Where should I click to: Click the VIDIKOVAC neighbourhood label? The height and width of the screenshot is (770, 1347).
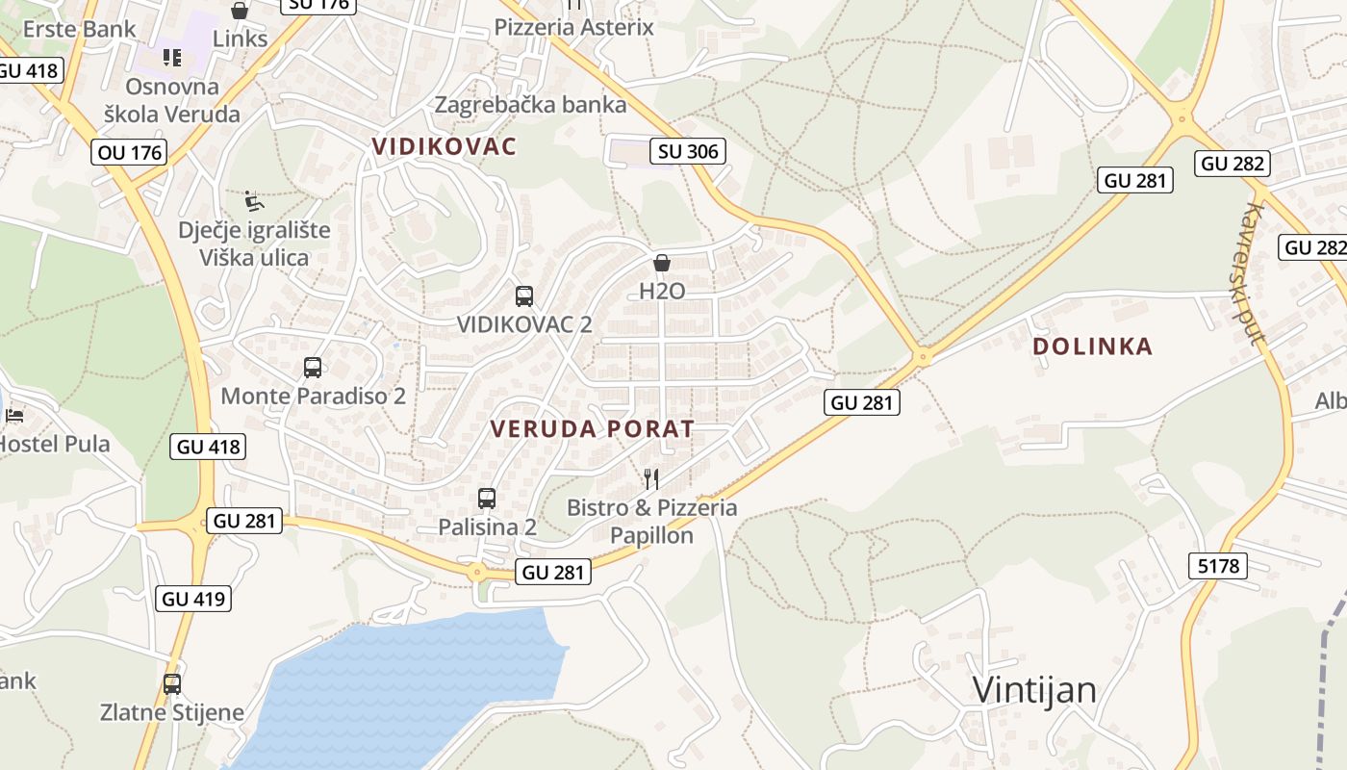point(445,146)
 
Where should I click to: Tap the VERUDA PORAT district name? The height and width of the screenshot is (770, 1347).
point(593,429)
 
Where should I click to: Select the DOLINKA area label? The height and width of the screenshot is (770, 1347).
point(1092,346)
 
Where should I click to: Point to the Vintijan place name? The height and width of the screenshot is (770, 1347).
point(1034,690)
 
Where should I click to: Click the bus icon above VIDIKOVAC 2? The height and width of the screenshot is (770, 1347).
point(524,296)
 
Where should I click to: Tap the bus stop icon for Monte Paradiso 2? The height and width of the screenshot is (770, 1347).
point(313,367)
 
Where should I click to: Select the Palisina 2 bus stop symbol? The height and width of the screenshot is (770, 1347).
point(487,499)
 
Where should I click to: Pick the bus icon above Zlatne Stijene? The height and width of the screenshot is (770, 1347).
point(172,684)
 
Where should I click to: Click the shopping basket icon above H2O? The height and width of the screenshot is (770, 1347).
point(662,263)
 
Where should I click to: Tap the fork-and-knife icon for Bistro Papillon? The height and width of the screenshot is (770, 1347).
point(651,478)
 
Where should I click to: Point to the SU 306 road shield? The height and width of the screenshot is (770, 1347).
point(687,151)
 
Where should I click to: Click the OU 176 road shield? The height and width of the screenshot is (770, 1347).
point(130,152)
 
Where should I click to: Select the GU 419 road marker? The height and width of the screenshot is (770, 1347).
point(193,599)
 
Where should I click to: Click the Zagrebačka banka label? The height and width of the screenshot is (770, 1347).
point(530,105)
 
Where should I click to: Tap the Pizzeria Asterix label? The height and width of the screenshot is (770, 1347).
point(573,27)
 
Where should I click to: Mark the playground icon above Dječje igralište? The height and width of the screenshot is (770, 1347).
point(254,200)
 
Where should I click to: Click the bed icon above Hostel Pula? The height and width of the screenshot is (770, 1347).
point(14,416)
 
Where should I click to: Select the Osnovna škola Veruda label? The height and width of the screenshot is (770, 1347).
point(172,100)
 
